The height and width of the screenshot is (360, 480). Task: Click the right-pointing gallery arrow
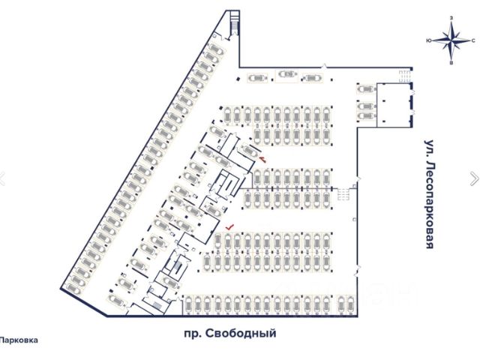click(473, 178)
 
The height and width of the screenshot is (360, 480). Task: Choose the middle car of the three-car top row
click(286, 73)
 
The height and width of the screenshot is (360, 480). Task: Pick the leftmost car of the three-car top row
click(257, 78)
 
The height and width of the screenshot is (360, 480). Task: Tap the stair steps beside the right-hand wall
click(345, 193)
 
